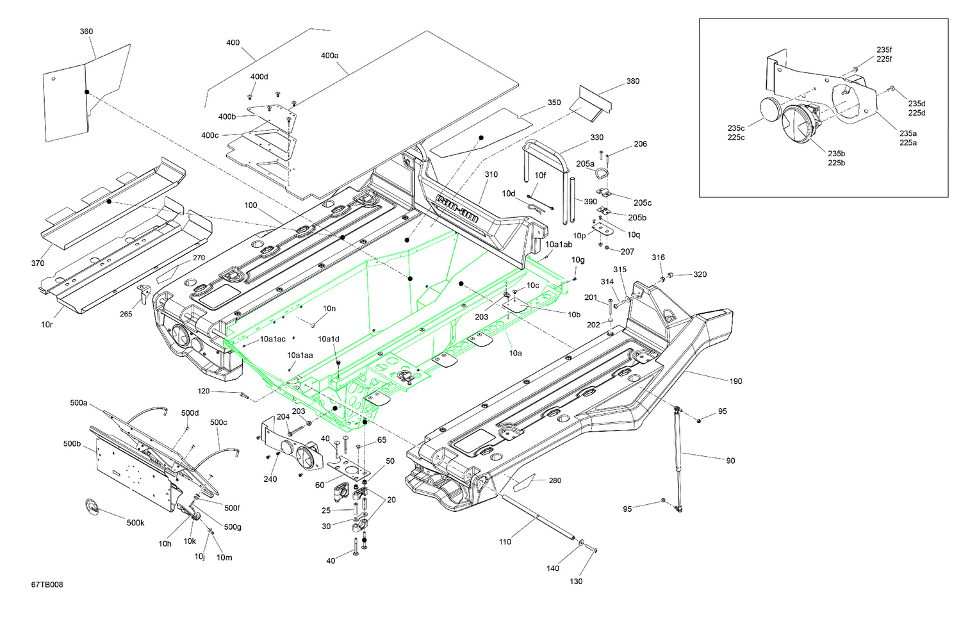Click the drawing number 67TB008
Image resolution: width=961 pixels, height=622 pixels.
pos(47,584)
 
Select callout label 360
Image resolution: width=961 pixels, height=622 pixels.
pos(86,31)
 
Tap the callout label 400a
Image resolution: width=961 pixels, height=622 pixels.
pos(329,56)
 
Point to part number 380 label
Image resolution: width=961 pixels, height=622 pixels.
pos(632,81)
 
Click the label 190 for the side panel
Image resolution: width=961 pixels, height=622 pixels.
pos(735,381)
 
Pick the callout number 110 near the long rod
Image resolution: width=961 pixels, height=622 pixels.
pos(505,542)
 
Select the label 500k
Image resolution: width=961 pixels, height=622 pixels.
pos(135,523)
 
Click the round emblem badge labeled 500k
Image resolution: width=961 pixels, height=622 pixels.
pos(93,507)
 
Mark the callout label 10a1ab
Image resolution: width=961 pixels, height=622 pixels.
pos(559,245)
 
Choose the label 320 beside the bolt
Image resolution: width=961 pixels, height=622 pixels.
pos(700,274)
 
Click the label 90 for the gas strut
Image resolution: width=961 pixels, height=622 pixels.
pos(730,461)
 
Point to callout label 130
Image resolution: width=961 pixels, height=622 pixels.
pos(576,581)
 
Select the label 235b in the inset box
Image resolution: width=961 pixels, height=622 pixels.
pos(836,154)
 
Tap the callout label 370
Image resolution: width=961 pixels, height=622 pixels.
pos(38,263)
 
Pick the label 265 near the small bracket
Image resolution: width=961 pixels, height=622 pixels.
pos(126,314)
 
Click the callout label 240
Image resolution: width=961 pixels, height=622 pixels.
pos(270,479)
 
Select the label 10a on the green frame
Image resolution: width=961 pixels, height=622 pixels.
pos(515,353)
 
